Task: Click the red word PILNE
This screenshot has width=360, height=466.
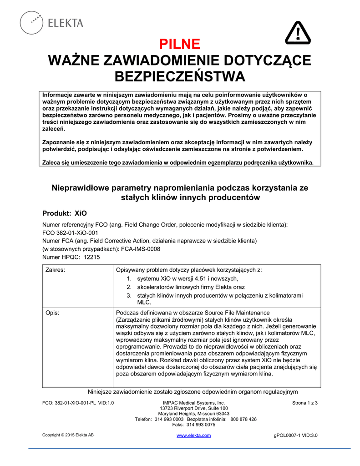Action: (x=180, y=44)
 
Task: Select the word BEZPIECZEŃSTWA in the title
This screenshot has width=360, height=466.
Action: (x=180, y=76)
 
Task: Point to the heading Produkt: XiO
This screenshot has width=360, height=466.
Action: (x=64, y=213)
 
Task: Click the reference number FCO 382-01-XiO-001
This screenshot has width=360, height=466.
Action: (x=70, y=233)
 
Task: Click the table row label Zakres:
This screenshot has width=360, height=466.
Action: (x=55, y=270)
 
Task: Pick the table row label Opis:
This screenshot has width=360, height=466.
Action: (x=53, y=313)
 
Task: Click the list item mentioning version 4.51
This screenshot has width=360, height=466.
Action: (x=188, y=279)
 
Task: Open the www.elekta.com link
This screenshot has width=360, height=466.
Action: (x=193, y=436)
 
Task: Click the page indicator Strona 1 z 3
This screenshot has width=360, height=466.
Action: (x=304, y=403)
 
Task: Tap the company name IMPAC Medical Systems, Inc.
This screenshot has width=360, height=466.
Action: (x=194, y=403)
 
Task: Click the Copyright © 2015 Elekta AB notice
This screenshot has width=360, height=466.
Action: (x=68, y=436)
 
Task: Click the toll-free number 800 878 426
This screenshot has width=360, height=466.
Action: (x=243, y=419)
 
